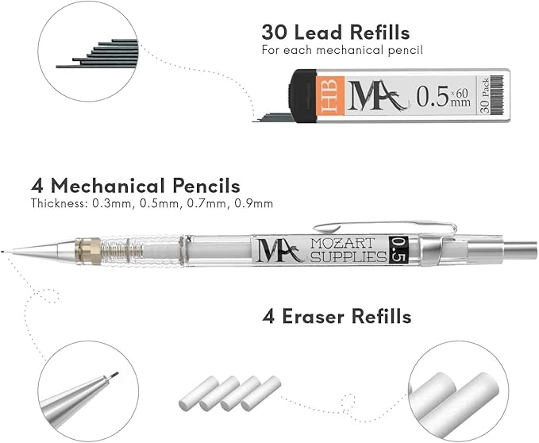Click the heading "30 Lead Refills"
pyautogui.click(x=335, y=33)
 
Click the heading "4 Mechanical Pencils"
pyautogui.click(x=135, y=187)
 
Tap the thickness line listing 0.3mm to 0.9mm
pyautogui.click(x=152, y=204)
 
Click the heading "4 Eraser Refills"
pyautogui.click(x=337, y=317)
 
